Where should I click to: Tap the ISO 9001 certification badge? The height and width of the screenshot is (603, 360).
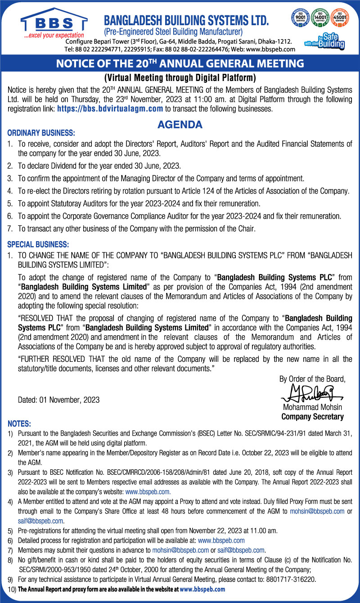[x=300, y=18]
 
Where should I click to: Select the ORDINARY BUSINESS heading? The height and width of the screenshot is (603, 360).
[x=41, y=134]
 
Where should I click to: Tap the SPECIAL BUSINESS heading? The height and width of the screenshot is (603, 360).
[x=38, y=245]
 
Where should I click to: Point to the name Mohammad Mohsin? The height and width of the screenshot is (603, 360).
[x=313, y=408]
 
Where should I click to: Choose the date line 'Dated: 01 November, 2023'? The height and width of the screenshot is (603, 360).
[x=58, y=400]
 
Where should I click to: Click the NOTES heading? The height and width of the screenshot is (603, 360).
[x=19, y=424]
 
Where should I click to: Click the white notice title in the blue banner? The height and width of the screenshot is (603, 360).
[x=180, y=64]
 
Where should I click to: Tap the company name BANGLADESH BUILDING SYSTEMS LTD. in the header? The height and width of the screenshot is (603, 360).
[x=186, y=20]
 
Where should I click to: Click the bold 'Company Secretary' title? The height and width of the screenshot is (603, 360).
[x=313, y=417]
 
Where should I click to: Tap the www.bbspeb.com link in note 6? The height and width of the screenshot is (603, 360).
[x=221, y=540]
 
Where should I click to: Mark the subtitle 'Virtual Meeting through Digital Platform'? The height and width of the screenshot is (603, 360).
[x=180, y=77]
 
